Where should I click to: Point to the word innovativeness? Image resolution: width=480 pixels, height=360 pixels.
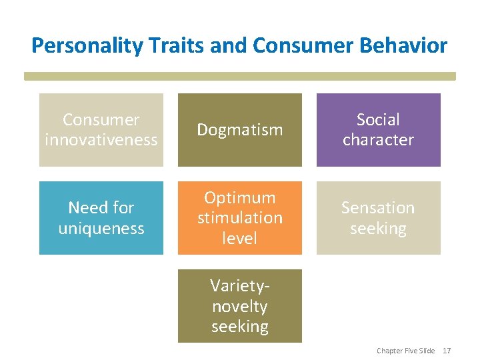tap(101, 140)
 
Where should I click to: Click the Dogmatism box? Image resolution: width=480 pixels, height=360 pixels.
tap(239, 130)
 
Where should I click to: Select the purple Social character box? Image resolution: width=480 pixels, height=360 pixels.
tap(378, 130)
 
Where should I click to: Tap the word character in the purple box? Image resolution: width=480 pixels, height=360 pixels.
tap(378, 140)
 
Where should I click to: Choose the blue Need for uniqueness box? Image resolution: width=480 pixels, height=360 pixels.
tap(101, 218)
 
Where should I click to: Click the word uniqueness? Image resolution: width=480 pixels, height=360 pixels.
tap(101, 228)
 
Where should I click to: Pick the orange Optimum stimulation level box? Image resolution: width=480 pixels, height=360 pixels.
tap(239, 218)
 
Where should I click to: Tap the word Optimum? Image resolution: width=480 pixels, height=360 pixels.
tap(239, 198)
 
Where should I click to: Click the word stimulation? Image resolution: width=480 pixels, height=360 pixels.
tap(239, 218)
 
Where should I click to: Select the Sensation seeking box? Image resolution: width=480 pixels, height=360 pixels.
tap(378, 218)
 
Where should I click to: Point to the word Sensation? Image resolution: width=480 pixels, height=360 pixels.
tap(378, 208)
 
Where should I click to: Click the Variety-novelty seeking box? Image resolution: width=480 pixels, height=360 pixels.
tap(239, 306)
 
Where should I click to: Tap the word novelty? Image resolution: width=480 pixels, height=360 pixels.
tap(239, 307)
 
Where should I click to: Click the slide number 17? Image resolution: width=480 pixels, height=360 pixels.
tap(447, 351)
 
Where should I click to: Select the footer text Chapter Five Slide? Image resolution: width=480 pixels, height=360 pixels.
tap(405, 351)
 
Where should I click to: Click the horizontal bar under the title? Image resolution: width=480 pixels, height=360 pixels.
tap(240, 77)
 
